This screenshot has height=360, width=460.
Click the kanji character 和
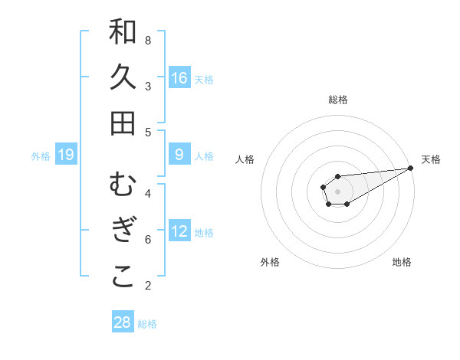coord(123,31)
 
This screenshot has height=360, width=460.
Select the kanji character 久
coord(123,77)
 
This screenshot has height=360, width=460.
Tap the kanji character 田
coord(123,123)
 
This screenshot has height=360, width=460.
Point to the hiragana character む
coord(123,185)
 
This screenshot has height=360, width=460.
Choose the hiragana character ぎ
coord(123,231)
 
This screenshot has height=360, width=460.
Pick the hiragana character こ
coord(123,277)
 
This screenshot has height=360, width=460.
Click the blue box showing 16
coord(179,77)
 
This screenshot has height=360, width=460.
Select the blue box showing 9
coord(179,154)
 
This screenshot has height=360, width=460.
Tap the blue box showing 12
coord(179,231)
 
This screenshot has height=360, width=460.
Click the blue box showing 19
coord(66,155)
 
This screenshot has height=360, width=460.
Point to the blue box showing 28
coord(123,322)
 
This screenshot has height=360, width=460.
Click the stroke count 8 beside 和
coord(148,40)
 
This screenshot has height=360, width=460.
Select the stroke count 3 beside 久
coord(148,86)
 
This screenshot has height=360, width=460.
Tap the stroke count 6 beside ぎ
coord(148,239)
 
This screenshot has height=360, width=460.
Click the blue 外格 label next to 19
coord(41,156)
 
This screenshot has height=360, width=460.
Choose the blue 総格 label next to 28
coord(147,324)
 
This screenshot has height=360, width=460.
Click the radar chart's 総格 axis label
coord(338,100)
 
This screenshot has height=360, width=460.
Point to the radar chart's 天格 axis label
coord(431,159)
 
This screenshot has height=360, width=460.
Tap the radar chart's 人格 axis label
coord(245,159)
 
